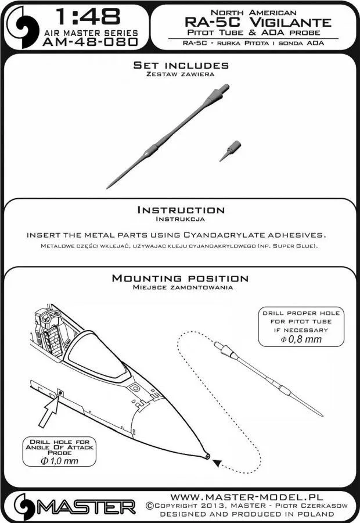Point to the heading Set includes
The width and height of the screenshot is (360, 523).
point(181,65)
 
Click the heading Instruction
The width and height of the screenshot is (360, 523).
point(180,210)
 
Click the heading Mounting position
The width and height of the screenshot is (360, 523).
point(180,279)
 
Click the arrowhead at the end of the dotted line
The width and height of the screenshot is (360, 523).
point(217,463)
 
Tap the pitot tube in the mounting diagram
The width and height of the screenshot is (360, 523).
point(267,377)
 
